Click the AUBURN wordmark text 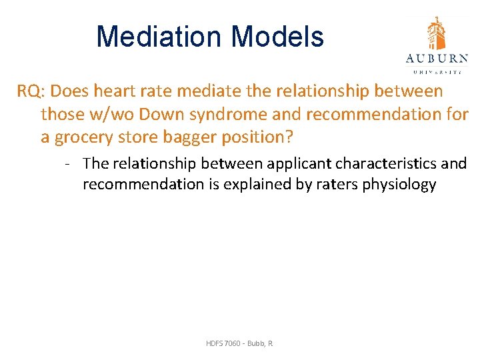(x=437, y=57)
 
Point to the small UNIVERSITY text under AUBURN (x=437, y=70)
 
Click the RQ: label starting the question (x=31, y=91)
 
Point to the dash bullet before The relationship (x=69, y=163)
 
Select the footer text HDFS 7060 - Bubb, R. (x=239, y=343)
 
